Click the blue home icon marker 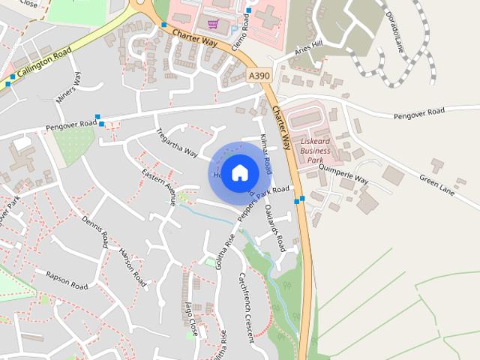(x=239, y=172)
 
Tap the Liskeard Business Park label (x=315, y=145)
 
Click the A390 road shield (x=257, y=76)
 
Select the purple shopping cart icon (x=213, y=24)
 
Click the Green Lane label (x=437, y=180)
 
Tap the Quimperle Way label (x=345, y=175)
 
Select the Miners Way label (x=68, y=88)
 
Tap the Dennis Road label (x=96, y=232)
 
